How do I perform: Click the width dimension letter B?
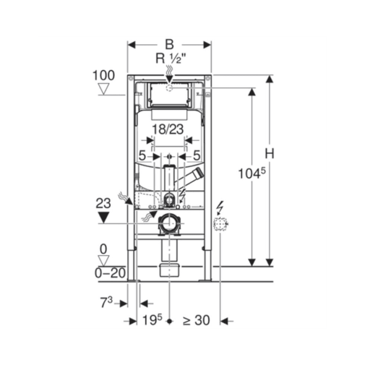[x=169, y=44]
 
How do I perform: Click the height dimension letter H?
[x=270, y=153]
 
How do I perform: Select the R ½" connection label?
[x=171, y=59]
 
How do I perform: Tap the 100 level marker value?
[x=104, y=75]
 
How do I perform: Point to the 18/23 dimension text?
[x=168, y=129]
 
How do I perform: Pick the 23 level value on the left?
[x=103, y=203]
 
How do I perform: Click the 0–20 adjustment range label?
[x=110, y=273]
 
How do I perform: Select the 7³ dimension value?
[x=106, y=302]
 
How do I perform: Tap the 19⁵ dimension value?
[x=153, y=320]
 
